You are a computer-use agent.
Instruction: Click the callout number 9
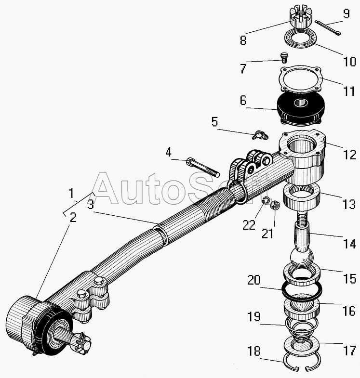click(x=346, y=14)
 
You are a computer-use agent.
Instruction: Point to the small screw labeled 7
click(x=285, y=57)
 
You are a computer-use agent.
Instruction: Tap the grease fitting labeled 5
click(x=260, y=135)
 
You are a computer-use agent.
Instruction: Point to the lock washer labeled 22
click(x=266, y=200)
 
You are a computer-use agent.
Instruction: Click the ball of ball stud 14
click(x=301, y=260)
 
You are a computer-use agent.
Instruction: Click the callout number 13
click(x=349, y=204)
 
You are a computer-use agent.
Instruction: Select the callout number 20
click(x=254, y=280)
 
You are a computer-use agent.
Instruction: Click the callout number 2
click(x=73, y=218)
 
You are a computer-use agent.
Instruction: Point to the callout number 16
click(x=349, y=311)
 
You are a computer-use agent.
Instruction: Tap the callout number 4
click(x=168, y=152)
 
